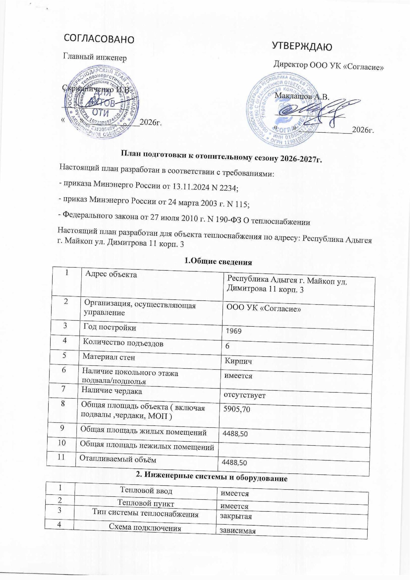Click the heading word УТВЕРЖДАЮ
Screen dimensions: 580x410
point(302,47)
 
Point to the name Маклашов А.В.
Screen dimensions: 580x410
point(302,97)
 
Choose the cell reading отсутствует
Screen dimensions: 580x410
point(244,395)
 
